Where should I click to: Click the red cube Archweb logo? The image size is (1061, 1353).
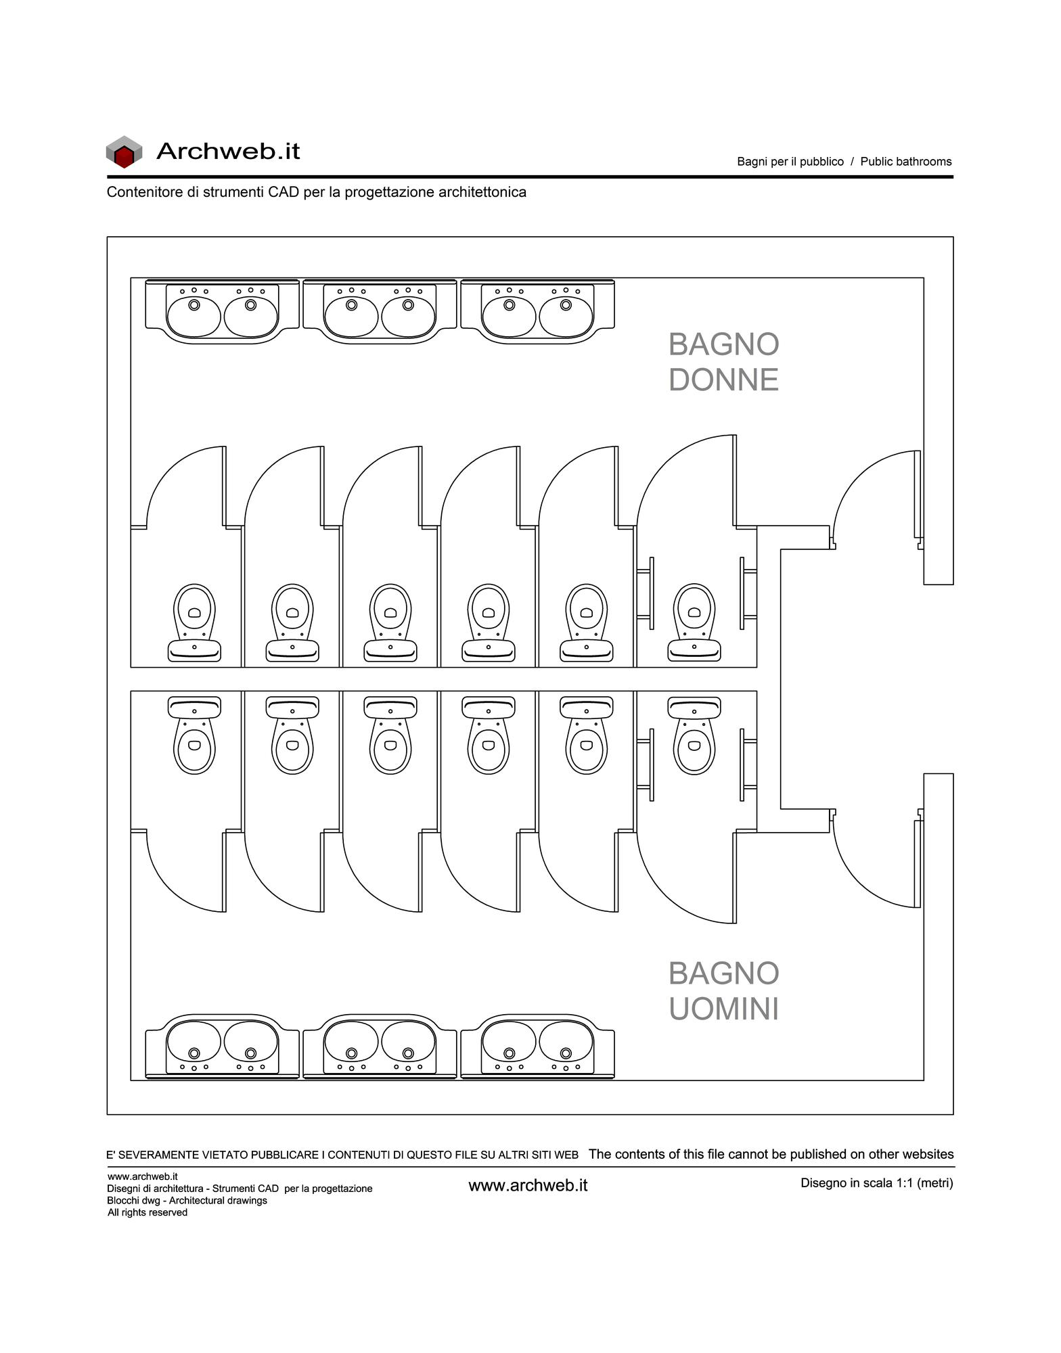[124, 152]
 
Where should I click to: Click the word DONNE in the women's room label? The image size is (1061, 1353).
[723, 380]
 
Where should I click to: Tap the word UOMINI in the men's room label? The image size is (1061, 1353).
[723, 1009]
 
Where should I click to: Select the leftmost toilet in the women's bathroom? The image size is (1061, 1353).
[194, 622]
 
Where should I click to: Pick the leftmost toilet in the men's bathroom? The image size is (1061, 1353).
[194, 735]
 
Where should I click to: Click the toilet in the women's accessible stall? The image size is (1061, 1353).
[694, 622]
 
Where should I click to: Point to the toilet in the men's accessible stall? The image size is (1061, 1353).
[694, 735]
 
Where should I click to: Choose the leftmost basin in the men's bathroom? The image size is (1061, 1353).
[194, 1041]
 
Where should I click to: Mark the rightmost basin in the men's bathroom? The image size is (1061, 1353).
[566, 1041]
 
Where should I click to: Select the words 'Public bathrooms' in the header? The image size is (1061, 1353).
[906, 162]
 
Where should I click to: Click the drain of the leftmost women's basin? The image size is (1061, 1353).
[194, 304]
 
